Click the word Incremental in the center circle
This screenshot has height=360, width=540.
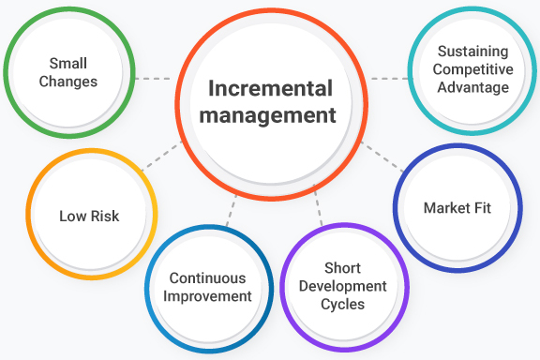tap(270, 90)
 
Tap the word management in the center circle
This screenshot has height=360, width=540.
tap(272, 116)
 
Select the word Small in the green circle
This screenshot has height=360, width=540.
tap(68, 64)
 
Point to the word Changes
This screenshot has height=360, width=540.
tap(68, 82)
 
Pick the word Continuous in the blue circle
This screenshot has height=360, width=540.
tap(207, 278)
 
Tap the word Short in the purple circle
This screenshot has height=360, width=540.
tap(342, 268)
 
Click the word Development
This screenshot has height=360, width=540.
tap(342, 286)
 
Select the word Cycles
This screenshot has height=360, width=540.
tap(342, 303)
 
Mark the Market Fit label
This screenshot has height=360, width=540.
tap(457, 207)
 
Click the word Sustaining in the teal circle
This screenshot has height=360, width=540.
tap(472, 52)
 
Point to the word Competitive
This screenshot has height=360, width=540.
tap(472, 70)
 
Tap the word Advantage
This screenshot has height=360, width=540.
tap(472, 87)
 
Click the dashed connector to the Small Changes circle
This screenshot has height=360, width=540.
tap(153, 78)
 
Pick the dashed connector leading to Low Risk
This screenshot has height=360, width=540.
tap(164, 155)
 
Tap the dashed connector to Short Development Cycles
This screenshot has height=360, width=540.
tap(319, 208)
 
